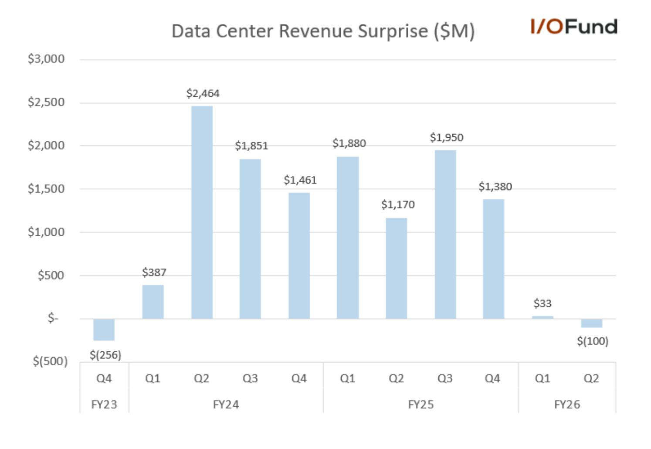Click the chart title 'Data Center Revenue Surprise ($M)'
(x=323, y=31)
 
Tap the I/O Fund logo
(x=574, y=27)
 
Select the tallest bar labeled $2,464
(x=202, y=212)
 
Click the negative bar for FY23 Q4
(x=104, y=330)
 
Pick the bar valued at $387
(x=153, y=302)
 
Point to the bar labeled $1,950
(x=445, y=235)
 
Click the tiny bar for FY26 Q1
(x=542, y=317)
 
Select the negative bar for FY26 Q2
(x=591, y=323)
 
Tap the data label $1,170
(x=398, y=205)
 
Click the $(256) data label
(x=105, y=355)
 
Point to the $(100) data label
(x=593, y=341)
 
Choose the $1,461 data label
(x=300, y=180)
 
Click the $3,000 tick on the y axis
(x=46, y=59)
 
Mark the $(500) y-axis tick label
(x=50, y=361)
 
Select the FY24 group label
(x=226, y=405)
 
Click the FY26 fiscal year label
(x=567, y=405)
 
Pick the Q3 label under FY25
(x=445, y=378)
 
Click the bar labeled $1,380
(x=494, y=259)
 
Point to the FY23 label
(x=104, y=405)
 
